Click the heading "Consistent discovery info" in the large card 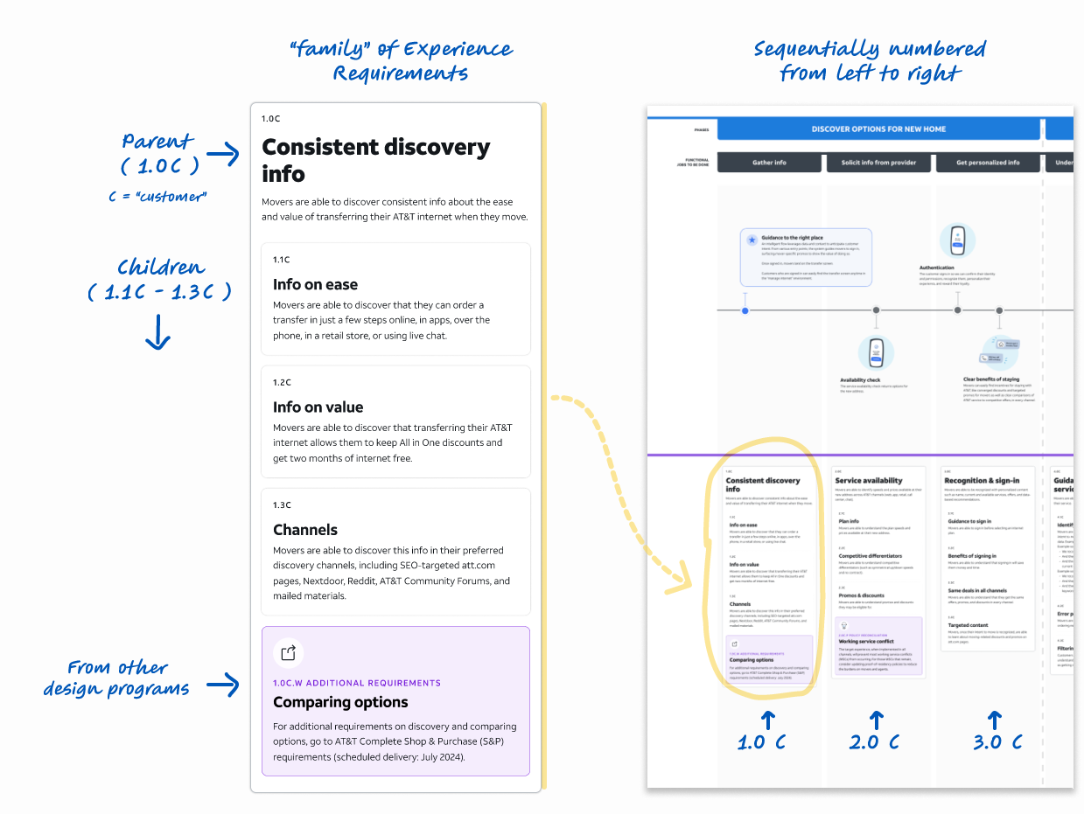[x=376, y=160]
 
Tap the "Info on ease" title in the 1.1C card [x=315, y=284]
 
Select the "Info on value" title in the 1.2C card [x=318, y=407]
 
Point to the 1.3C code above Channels [x=282, y=505]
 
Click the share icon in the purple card [x=288, y=652]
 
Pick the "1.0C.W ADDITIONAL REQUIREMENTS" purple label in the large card [x=357, y=683]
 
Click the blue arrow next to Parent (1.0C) [x=222, y=155]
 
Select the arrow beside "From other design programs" [x=222, y=685]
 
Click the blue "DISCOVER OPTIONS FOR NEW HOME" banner [x=878, y=129]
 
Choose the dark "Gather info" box [x=769, y=163]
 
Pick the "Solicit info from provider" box [x=878, y=163]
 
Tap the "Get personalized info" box [x=988, y=163]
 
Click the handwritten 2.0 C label [x=875, y=741]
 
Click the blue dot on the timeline [x=745, y=310]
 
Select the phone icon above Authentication [x=957, y=240]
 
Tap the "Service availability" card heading [x=869, y=481]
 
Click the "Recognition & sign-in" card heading [x=982, y=481]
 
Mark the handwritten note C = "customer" [x=157, y=197]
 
